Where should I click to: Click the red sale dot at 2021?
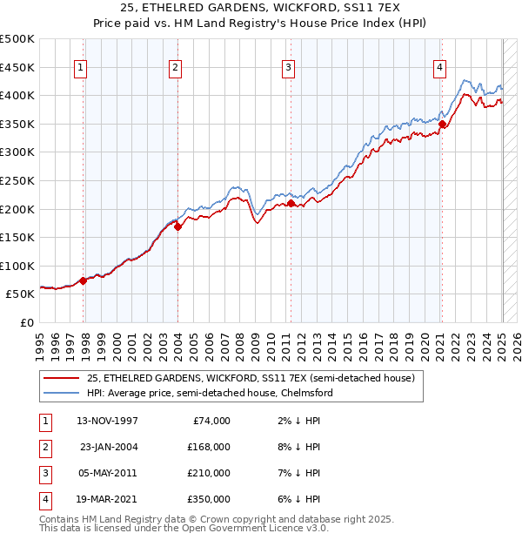(x=442, y=125)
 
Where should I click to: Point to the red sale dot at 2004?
(x=177, y=227)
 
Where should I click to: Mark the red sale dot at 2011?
(x=291, y=204)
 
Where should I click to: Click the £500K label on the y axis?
(x=17, y=39)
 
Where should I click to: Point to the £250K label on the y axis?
(x=17, y=180)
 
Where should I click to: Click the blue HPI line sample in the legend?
(x=61, y=393)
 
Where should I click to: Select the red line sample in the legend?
(x=61, y=378)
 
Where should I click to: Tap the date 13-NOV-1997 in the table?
(x=108, y=421)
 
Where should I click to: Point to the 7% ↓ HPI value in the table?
(x=302, y=473)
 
